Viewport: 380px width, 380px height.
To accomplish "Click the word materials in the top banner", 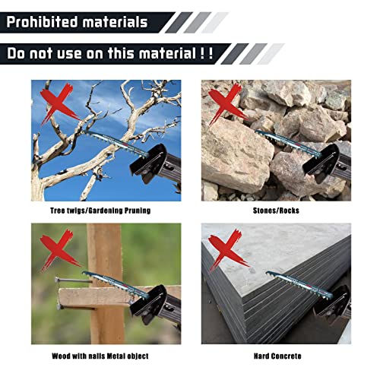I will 113,21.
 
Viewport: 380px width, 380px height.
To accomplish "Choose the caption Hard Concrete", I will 276,355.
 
